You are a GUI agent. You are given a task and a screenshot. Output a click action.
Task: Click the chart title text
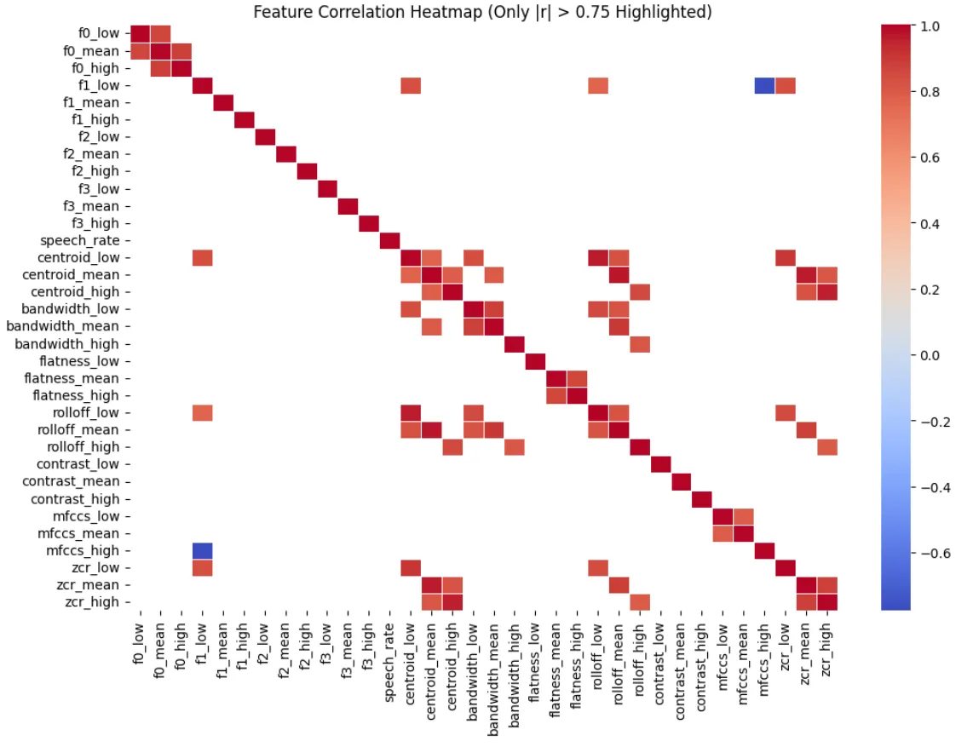coord(483,12)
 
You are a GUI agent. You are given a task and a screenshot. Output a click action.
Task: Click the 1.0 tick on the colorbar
coord(930,26)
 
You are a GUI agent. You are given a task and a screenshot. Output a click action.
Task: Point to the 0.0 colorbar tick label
coord(930,355)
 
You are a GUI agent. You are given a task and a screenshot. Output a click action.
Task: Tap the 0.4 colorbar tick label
coord(930,224)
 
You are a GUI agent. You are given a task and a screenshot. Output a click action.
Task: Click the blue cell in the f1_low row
coord(763,85)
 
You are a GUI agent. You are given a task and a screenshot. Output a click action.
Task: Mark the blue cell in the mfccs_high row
coord(202,550)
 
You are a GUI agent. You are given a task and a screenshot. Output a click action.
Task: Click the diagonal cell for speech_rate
coord(389,240)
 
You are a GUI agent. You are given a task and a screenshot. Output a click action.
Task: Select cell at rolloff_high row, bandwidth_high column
coord(514,447)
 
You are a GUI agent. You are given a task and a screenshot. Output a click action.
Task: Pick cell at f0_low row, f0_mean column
coord(160,34)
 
